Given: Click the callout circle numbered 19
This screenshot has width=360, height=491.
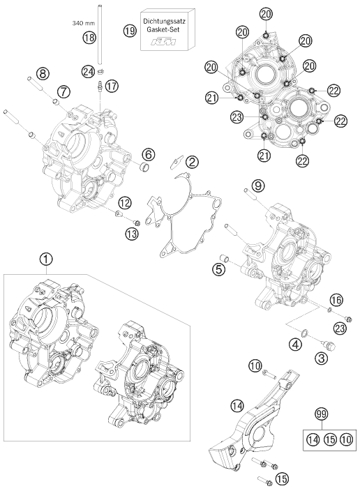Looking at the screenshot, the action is coord(130,31).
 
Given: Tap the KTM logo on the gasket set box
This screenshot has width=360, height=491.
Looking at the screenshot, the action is coord(163,42).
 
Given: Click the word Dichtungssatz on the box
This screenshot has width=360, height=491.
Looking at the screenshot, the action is coord(164,22).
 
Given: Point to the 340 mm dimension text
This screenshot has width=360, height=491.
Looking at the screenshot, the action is coord(83,23).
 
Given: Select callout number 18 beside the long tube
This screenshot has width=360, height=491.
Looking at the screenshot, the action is coord(89,38).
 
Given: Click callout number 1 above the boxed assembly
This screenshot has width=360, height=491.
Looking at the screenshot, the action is coord(46,259).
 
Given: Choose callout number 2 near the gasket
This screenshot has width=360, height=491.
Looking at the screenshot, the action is coord(192,162).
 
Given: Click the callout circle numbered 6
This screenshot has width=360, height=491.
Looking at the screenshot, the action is coord(148,153).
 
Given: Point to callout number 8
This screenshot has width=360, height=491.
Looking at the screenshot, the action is coord(43,74).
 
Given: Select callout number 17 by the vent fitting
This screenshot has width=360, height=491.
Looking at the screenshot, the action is coord(112,86).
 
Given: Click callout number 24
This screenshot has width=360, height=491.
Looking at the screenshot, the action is coord(88,72).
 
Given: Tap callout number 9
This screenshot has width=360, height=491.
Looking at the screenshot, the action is coord(258,186).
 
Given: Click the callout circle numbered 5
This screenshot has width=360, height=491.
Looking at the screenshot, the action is coord(218,269).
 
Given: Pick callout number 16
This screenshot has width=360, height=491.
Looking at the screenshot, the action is coord(336,300).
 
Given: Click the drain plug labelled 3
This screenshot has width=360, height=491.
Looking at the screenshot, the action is coord(330,346).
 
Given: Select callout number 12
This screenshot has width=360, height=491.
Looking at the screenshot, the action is coord(124,203).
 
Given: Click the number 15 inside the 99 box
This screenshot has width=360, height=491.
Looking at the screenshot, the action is coord(329,439).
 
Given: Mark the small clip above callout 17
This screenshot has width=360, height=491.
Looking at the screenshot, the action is coord(101,72).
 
